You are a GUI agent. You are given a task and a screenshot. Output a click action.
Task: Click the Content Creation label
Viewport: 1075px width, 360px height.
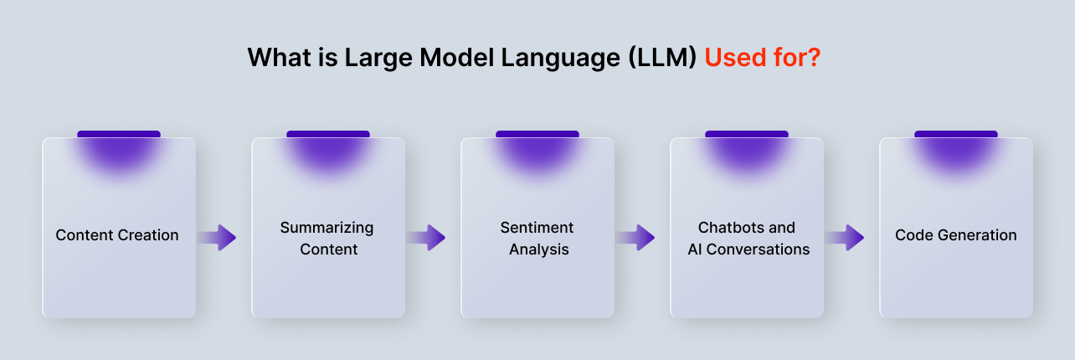click(x=117, y=235)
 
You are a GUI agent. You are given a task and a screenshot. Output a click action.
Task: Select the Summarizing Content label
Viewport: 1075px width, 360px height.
click(x=327, y=238)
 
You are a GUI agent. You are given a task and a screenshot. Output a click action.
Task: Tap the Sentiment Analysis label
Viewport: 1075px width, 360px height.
click(x=537, y=238)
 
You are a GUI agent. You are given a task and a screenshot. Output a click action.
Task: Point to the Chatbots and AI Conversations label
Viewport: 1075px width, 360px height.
click(x=748, y=238)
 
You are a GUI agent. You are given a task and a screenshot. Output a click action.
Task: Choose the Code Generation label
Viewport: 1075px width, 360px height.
click(x=956, y=235)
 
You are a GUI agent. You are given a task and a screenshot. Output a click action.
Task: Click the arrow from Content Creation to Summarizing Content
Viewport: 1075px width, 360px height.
click(x=217, y=238)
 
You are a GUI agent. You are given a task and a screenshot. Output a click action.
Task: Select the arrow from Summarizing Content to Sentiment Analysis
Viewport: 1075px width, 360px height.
click(x=426, y=238)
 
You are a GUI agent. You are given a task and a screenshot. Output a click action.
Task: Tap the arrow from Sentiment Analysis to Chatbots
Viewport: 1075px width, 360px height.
click(x=635, y=238)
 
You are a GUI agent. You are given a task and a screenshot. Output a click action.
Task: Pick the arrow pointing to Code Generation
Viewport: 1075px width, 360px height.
click(x=845, y=238)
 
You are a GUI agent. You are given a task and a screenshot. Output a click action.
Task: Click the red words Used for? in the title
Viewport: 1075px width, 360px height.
click(x=763, y=58)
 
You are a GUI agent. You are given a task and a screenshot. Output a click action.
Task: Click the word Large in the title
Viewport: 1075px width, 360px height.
click(x=378, y=59)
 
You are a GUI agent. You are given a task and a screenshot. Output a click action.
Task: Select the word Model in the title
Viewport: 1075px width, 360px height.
click(x=457, y=58)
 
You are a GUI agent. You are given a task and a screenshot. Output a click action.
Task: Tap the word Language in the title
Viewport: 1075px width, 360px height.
click(x=561, y=59)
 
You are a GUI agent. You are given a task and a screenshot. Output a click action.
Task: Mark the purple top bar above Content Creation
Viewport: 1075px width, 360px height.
click(x=119, y=134)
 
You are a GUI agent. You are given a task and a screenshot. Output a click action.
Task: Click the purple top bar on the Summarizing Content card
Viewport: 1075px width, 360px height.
click(x=328, y=134)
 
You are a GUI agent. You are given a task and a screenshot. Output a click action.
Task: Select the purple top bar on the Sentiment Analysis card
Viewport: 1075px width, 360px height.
click(x=537, y=134)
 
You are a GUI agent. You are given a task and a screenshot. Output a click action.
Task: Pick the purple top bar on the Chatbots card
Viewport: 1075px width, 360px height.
click(x=747, y=134)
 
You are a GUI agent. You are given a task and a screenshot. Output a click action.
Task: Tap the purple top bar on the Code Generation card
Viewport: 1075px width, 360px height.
click(x=956, y=134)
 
